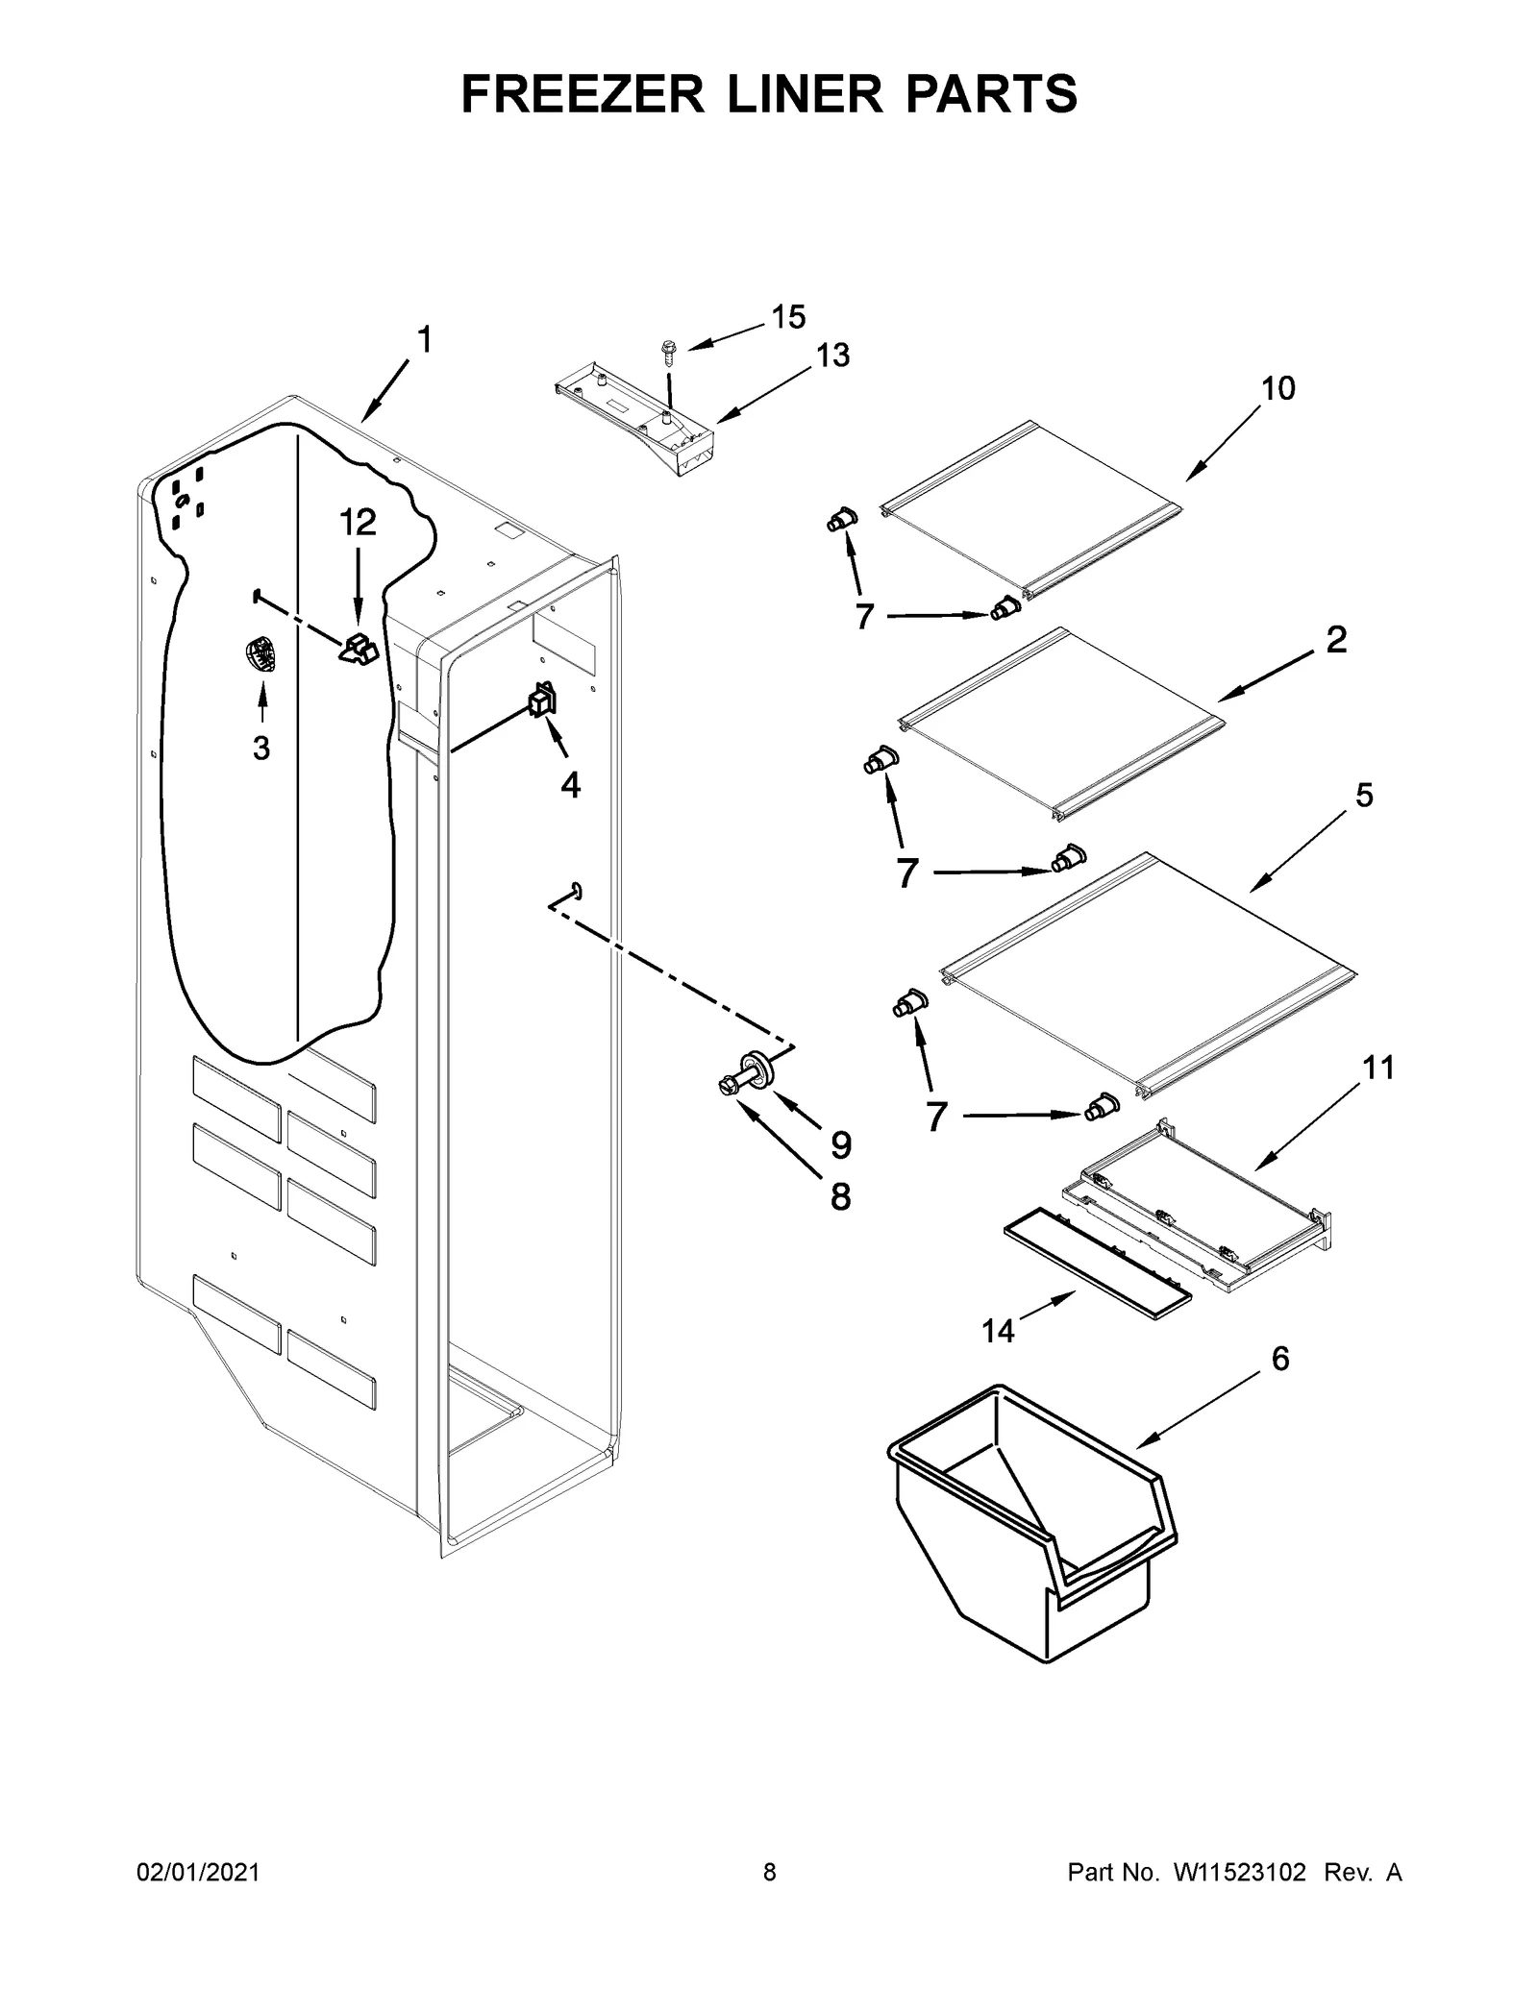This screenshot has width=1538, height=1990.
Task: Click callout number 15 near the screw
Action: pos(788,317)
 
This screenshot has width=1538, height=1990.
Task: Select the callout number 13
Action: pos(832,356)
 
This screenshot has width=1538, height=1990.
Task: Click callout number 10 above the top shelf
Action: pos(1278,388)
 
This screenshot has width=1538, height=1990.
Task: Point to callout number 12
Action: pos(357,523)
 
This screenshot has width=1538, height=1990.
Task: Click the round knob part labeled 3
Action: pos(260,658)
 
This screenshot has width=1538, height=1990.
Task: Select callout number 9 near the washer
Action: pos(840,1144)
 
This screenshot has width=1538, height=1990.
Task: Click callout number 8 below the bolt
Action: pos(840,1196)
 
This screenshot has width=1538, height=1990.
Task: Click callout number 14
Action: pos(998,1331)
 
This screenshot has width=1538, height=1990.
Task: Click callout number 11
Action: pos(1378,1068)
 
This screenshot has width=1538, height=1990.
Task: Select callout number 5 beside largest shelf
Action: pos(1364,796)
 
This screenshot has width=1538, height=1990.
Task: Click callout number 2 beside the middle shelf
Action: pos(1336,640)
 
